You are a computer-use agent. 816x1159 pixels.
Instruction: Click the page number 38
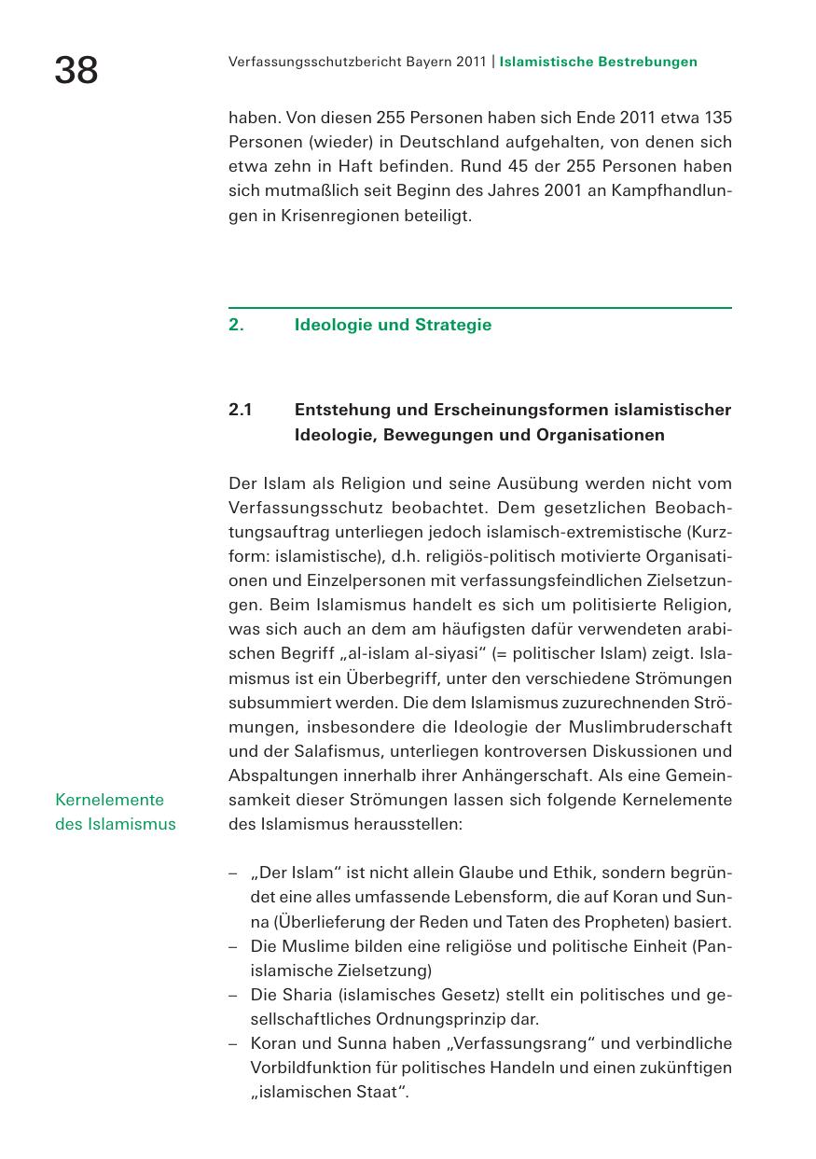[x=76, y=70]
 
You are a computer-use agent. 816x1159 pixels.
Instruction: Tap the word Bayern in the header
[x=429, y=63]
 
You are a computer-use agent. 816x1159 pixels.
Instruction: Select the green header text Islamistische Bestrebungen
[x=598, y=63]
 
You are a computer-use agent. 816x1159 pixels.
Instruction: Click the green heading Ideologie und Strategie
[x=393, y=326]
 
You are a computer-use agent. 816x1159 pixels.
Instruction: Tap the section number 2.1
[x=241, y=411]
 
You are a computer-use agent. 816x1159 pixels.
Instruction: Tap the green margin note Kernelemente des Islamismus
[x=115, y=812]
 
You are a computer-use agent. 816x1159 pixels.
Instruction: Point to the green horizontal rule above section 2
[x=479, y=307]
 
